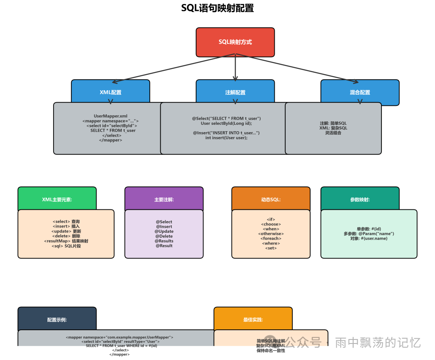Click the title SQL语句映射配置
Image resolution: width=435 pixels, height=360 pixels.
pos(217,8)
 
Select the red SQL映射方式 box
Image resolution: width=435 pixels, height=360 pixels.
pos(235,42)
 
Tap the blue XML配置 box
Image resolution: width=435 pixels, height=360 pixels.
pos(110,92)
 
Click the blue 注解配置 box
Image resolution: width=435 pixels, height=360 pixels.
pos(235,92)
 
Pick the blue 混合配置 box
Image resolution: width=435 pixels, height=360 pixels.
pos(360,92)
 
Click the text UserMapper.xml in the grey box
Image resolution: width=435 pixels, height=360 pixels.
pos(110,116)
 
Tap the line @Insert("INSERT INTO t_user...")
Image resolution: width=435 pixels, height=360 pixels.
pos(226,133)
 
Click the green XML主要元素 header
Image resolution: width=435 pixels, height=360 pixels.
pos(57,199)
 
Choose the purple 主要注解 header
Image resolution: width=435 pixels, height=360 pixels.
pos(164,199)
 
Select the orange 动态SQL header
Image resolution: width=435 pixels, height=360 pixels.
pos(271,199)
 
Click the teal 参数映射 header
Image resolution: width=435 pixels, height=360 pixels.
pos(360,199)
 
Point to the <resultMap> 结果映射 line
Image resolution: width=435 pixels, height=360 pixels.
pos(66,241)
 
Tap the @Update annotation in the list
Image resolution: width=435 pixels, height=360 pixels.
pos(164,231)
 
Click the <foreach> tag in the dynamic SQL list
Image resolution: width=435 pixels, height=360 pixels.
pos(271,238)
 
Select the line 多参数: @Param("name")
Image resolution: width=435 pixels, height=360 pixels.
pos(369,234)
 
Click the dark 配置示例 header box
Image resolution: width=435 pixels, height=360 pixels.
pos(57,320)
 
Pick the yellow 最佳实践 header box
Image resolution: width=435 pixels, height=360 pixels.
pos(253,320)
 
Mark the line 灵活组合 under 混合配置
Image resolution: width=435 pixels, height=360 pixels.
pos(333,133)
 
